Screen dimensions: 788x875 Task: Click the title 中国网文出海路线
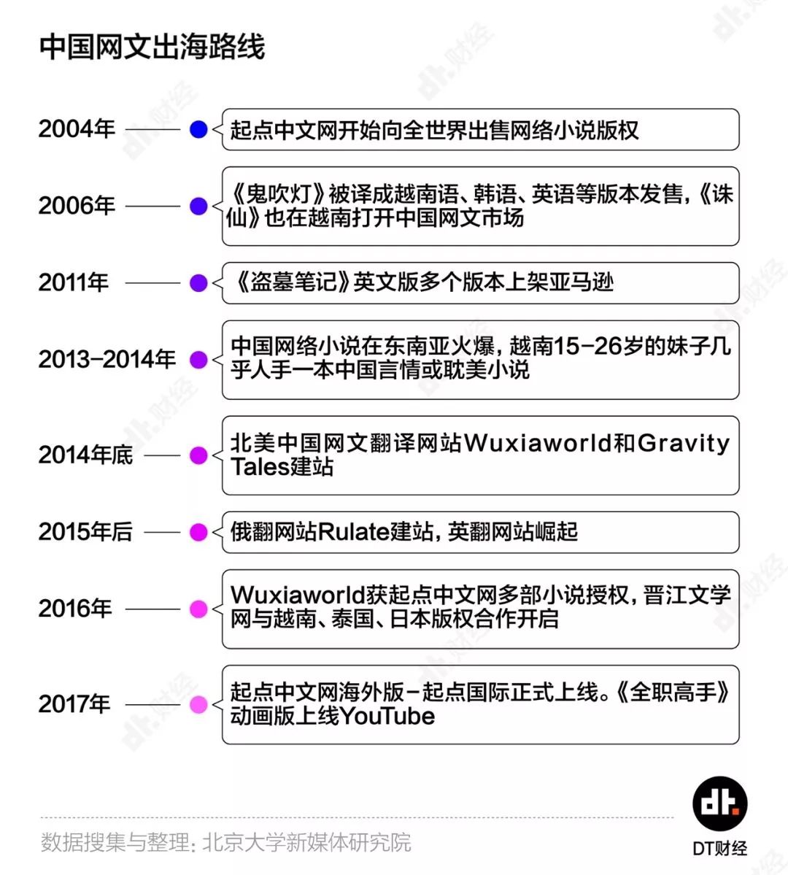tap(152, 46)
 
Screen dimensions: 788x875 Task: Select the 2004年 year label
tap(77, 129)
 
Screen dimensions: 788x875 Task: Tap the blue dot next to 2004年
tap(198, 129)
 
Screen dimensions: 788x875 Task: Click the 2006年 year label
tap(77, 205)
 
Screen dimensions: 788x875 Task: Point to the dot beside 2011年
tap(198, 282)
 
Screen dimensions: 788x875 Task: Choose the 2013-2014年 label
tap(107, 359)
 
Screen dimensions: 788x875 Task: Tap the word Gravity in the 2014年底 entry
tap(683, 444)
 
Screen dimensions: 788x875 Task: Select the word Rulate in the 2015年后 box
tap(353, 531)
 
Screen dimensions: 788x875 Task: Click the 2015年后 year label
tap(85, 531)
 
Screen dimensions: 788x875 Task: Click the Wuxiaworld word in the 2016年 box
tap(298, 595)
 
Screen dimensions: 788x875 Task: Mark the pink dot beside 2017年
tap(198, 704)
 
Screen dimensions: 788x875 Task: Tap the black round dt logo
tap(720, 803)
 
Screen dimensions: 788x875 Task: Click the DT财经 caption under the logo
tap(720, 849)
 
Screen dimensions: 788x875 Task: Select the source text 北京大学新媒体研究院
tap(306, 843)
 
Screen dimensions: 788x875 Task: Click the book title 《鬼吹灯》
tap(277, 194)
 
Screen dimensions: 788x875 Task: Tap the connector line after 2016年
tap(152, 609)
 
